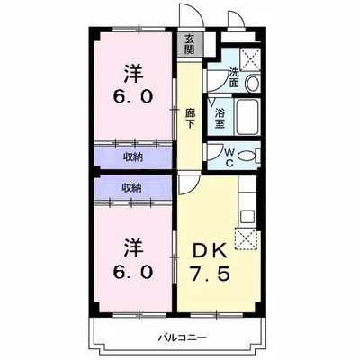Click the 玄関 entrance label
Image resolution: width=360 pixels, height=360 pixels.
pos(189,44)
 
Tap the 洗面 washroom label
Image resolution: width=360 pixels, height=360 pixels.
pos(233,77)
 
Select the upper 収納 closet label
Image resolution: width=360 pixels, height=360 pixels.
pos(132,156)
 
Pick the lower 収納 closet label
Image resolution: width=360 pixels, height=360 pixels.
pos(132,187)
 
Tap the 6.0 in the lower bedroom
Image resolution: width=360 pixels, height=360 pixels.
pos(133,270)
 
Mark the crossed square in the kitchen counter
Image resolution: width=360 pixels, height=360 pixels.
pos(246,238)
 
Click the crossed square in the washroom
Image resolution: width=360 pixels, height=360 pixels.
pos(251,59)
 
